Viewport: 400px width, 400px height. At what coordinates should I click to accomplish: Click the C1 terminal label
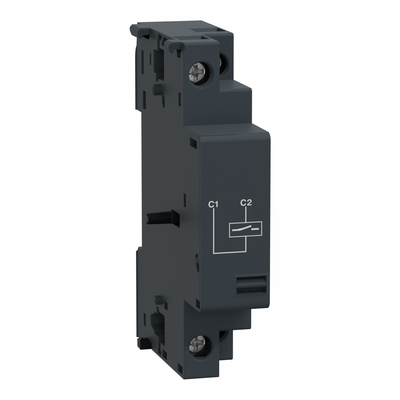tap(213, 205)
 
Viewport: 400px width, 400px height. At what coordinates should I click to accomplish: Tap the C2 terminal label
tap(246, 203)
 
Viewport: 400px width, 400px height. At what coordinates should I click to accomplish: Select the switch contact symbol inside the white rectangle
tap(246, 229)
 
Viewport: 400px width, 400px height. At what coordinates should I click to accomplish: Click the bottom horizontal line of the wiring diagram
tap(230, 252)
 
